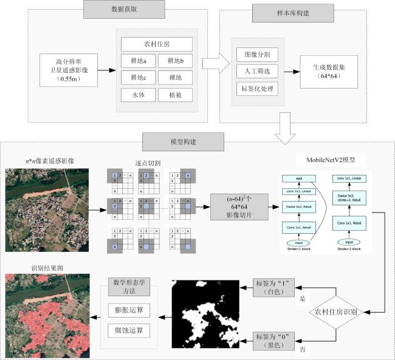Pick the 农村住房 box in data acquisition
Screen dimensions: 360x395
point(156,44)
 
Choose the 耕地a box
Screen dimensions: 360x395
point(138,61)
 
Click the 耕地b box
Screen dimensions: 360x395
point(175,61)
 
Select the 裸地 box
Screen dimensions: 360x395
point(175,78)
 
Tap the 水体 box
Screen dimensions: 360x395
point(138,95)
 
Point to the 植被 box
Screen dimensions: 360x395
point(175,95)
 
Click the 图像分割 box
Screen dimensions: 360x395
point(257,55)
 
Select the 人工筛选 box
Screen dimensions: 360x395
point(257,71)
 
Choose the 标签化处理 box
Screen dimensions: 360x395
point(257,88)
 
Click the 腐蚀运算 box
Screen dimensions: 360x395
point(128,330)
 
